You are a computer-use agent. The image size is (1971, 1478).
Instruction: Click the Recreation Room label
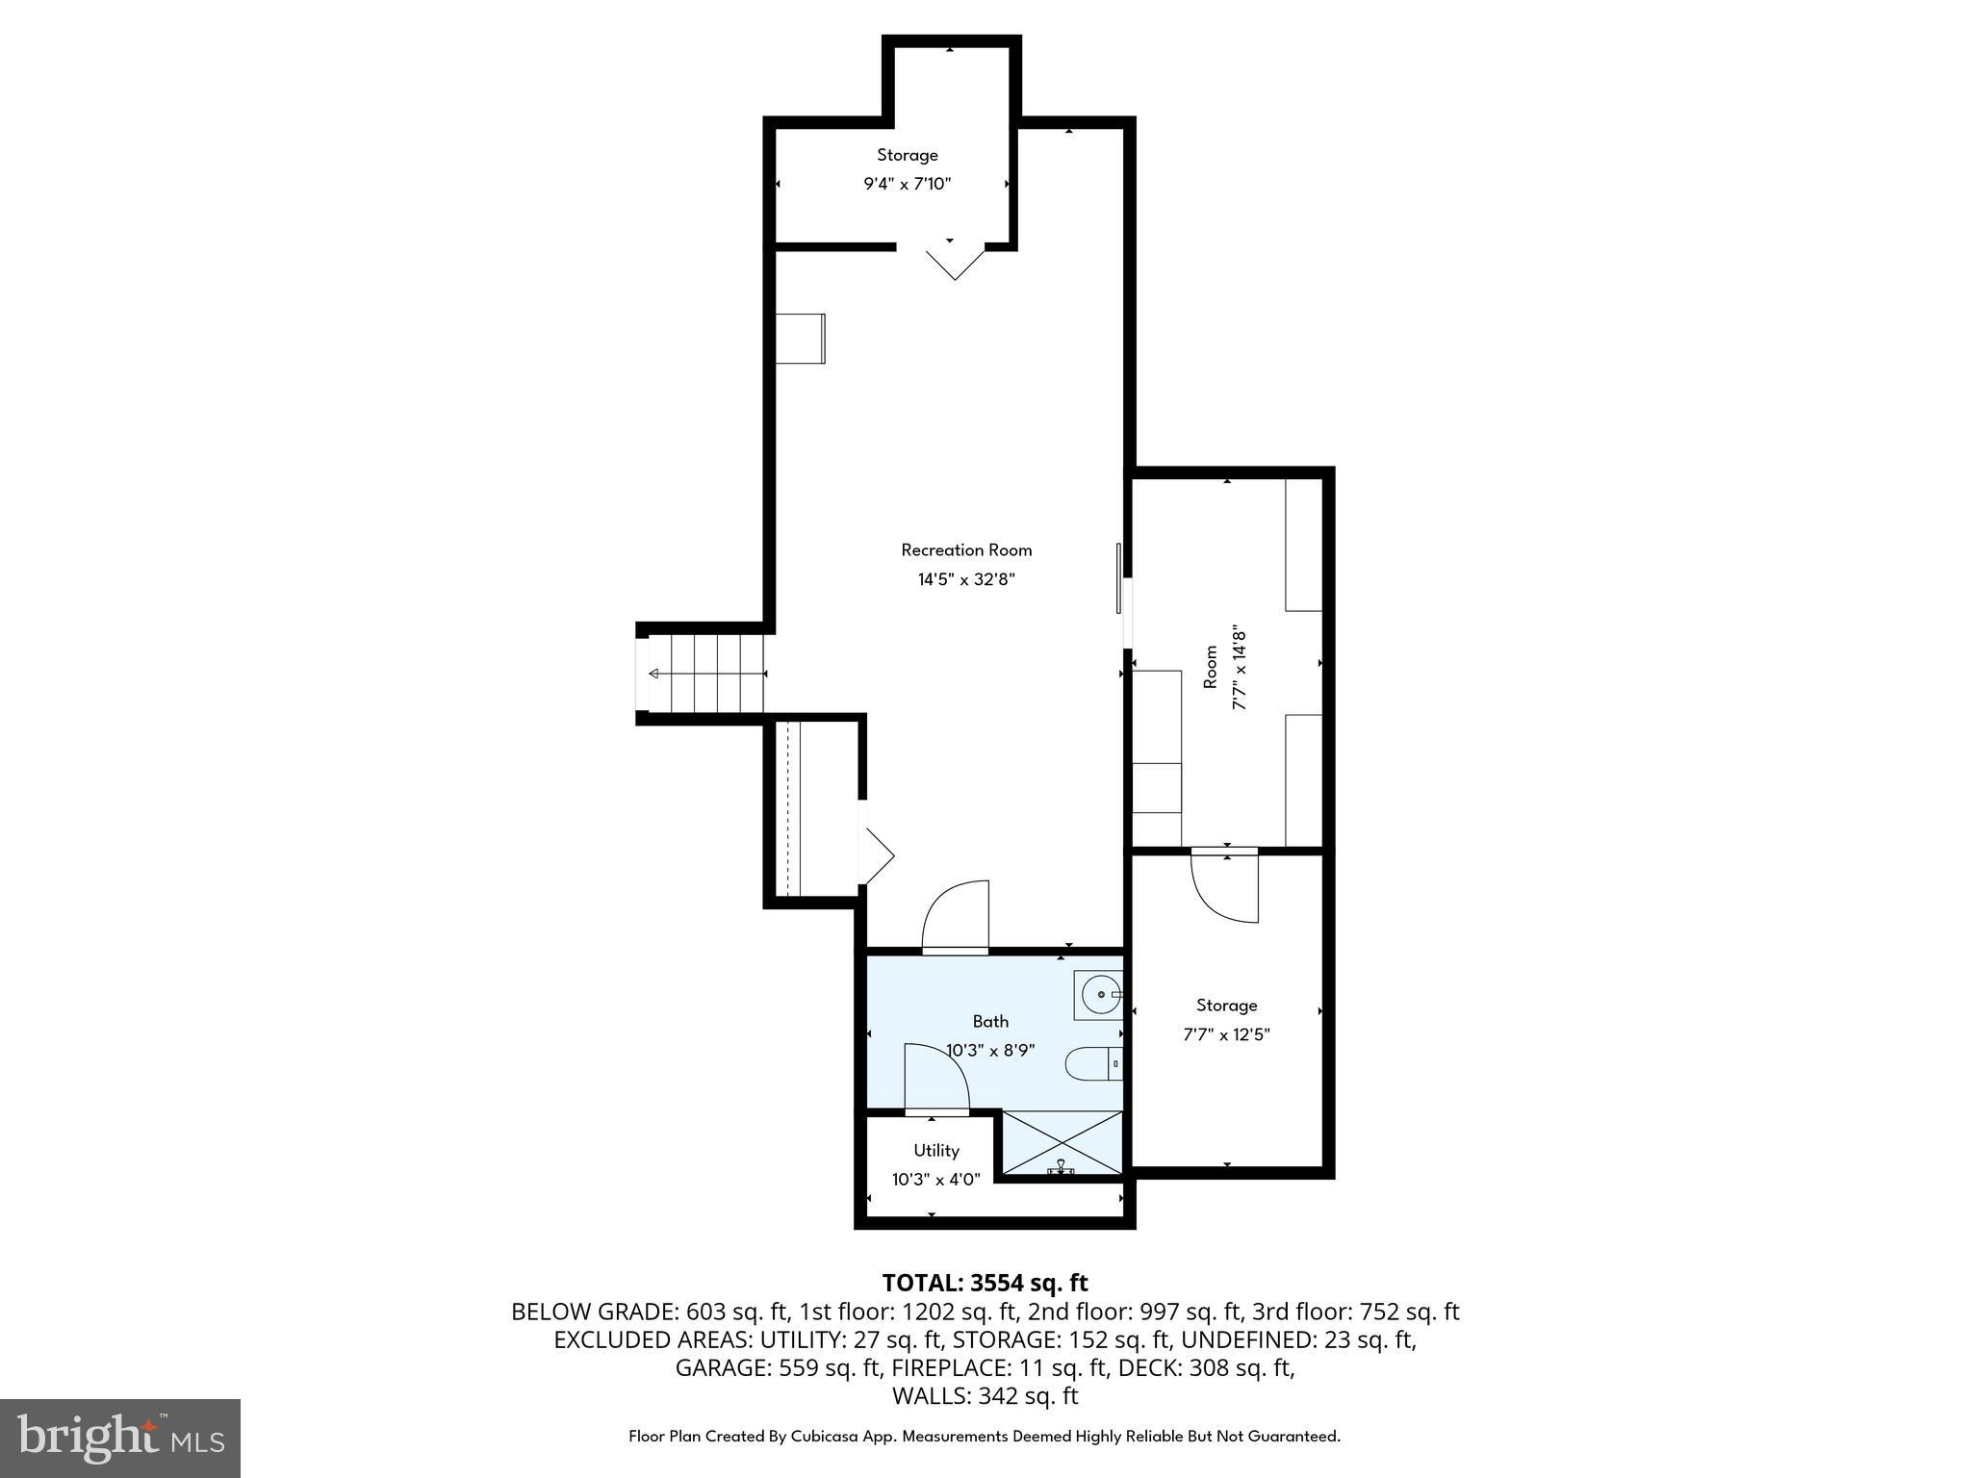(966, 550)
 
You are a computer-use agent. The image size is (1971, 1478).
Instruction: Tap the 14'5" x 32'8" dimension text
(966, 579)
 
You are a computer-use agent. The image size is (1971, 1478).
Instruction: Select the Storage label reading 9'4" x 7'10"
(907, 169)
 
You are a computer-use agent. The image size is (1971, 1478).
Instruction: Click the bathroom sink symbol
(1099, 994)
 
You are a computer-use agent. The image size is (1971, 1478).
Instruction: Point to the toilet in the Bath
(1092, 1064)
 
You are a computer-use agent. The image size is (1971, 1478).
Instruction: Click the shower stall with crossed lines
(1062, 1142)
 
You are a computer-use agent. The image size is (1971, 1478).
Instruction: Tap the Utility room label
(935, 1151)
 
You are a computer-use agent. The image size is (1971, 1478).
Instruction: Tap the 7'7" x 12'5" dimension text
(1226, 1035)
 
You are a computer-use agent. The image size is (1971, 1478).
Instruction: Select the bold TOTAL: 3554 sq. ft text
(985, 1283)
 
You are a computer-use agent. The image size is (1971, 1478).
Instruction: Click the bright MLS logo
(120, 1439)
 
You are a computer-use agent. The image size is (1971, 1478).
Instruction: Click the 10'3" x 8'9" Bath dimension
(990, 1051)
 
